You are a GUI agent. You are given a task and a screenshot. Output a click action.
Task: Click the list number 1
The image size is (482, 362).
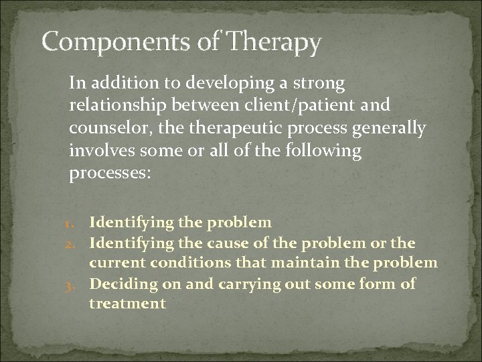[x=78, y=222]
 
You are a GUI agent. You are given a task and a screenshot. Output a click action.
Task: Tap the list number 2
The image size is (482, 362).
[x=78, y=242]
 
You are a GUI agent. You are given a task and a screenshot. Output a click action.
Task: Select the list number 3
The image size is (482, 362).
[x=78, y=284]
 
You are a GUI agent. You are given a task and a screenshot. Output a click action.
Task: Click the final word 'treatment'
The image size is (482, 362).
[x=127, y=303]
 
